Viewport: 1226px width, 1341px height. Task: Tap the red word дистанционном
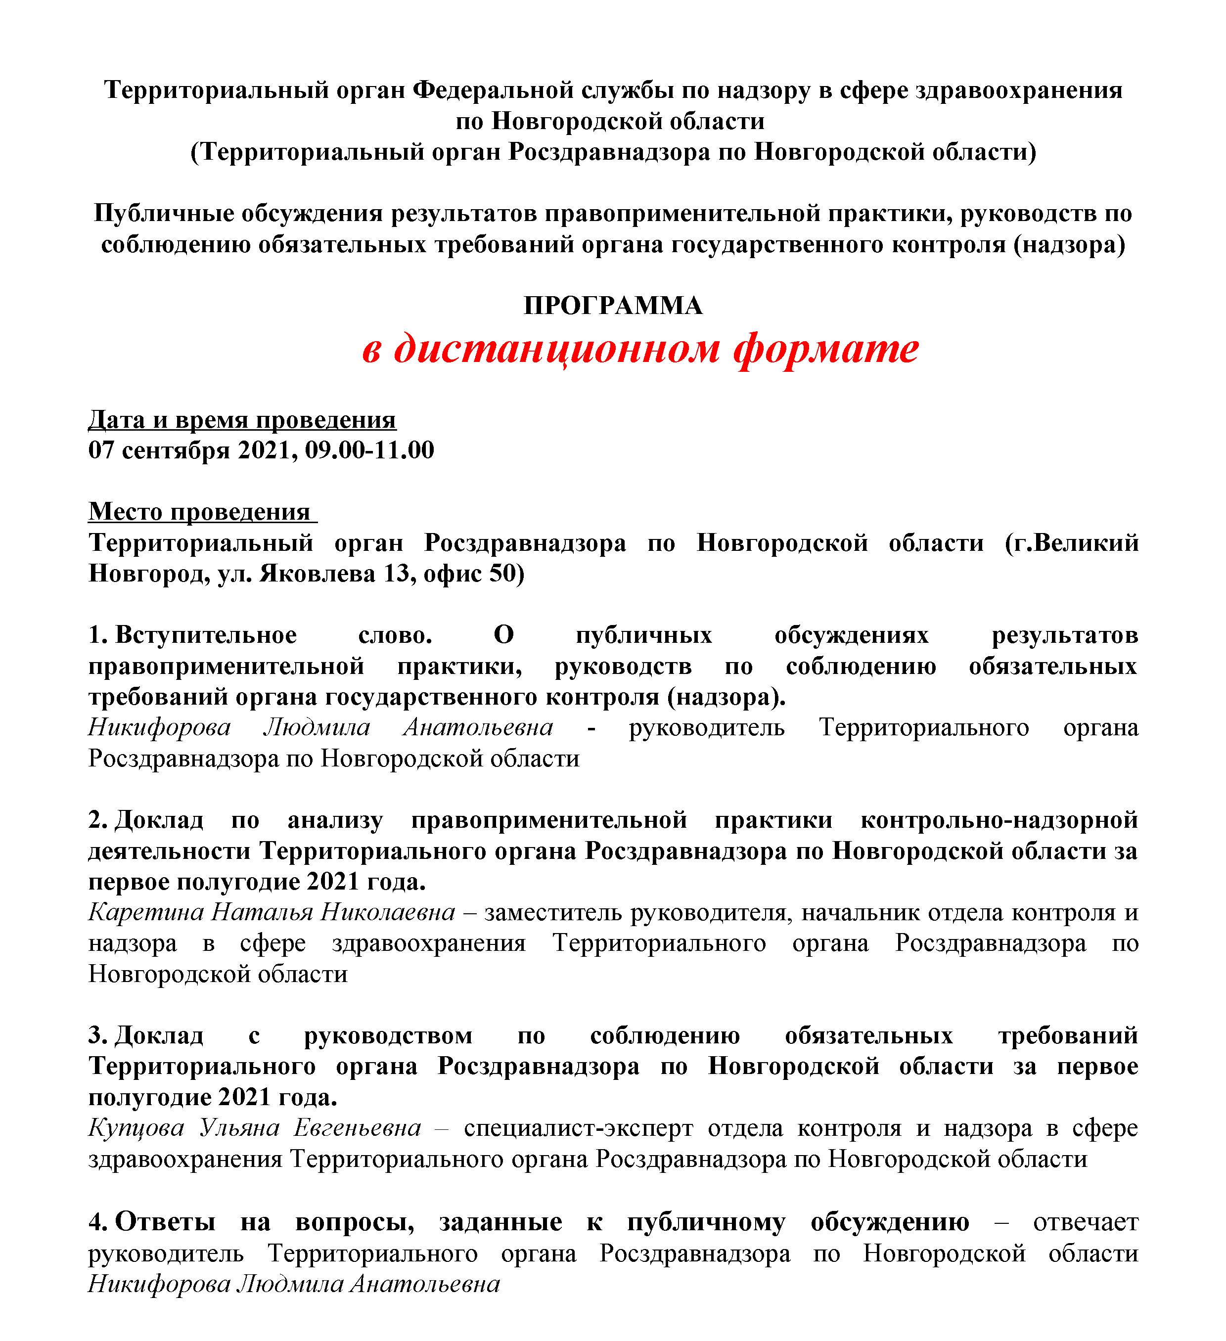(x=557, y=349)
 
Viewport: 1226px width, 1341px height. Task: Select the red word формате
(x=825, y=349)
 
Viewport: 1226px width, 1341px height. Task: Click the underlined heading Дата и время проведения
(x=242, y=420)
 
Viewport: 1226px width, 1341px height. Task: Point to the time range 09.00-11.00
(x=369, y=450)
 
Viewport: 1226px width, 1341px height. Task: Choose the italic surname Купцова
(x=136, y=1128)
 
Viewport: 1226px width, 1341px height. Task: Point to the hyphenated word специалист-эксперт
(x=578, y=1128)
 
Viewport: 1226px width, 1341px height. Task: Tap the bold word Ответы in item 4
(x=165, y=1222)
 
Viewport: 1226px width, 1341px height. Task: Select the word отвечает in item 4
(x=1085, y=1222)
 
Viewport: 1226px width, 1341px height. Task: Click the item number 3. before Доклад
(x=98, y=1036)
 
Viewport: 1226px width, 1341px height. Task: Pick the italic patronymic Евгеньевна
(x=357, y=1128)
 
